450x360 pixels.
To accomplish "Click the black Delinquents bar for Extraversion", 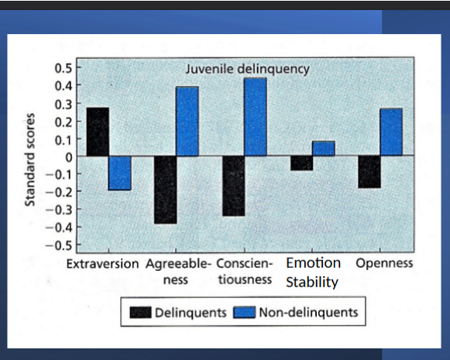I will pos(98,132).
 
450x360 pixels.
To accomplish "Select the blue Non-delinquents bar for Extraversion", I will pos(119,173).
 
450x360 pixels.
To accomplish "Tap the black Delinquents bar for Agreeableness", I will pos(164,190).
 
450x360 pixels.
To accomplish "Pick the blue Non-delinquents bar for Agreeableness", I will pos(187,122).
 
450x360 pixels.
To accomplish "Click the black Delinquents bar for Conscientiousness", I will pos(233,186).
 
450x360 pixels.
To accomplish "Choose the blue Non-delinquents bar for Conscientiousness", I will pos(256,117).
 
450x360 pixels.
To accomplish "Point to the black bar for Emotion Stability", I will pos(302,163).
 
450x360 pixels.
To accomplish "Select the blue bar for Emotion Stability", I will pos(324,149).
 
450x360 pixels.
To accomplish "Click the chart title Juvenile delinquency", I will pos(247,70).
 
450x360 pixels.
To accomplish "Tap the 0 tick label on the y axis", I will pos(69,156).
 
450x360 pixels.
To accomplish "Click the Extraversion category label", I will pos(102,263).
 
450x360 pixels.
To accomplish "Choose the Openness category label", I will pos(384,263).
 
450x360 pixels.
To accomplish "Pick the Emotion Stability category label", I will pos(313,272).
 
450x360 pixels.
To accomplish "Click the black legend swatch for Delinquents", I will pos(139,313).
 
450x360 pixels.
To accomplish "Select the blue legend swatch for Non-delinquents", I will pos(244,313).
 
